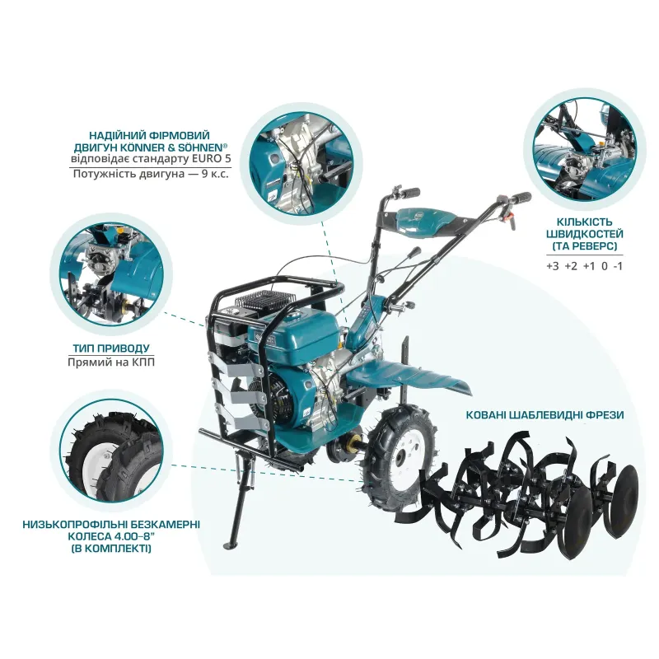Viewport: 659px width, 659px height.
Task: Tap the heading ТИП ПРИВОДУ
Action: point(111,348)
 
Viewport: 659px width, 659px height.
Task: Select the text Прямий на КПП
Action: point(111,362)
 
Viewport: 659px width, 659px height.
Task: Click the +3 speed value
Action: point(553,266)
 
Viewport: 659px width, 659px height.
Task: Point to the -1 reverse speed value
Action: point(617,266)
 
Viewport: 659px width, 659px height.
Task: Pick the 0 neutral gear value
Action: point(605,266)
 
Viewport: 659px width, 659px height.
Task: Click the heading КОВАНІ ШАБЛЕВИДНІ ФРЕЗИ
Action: point(544,415)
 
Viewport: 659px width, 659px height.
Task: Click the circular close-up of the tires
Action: point(111,456)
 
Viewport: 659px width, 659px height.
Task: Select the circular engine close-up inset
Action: point(301,164)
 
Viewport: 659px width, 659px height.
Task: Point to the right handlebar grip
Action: point(521,198)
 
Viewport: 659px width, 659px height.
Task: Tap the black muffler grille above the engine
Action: point(264,299)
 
